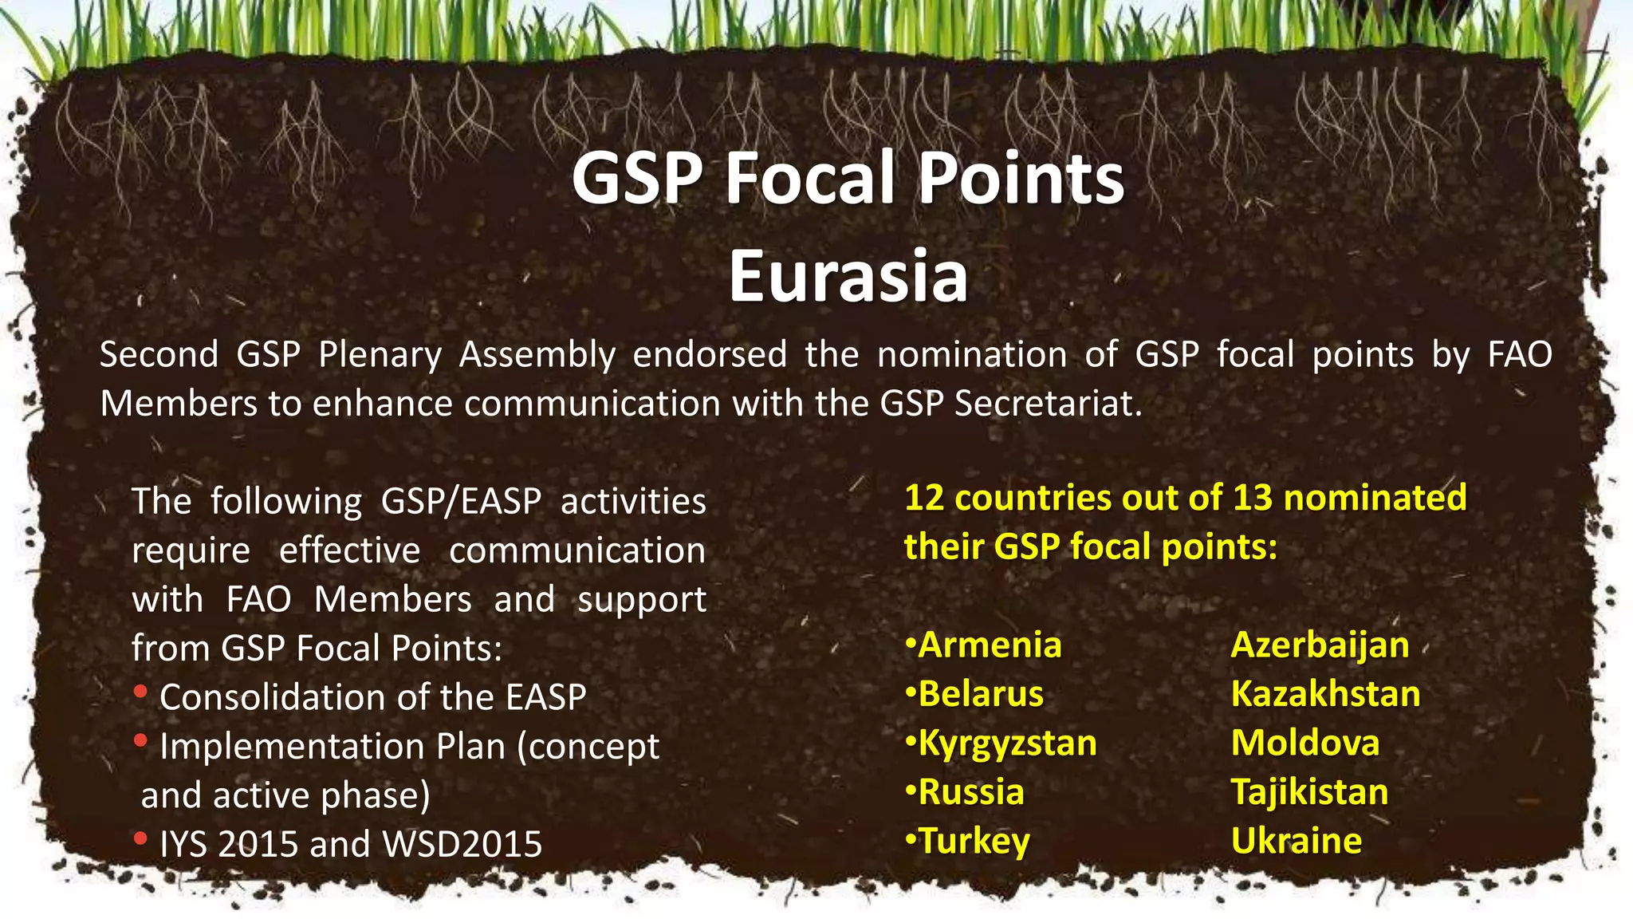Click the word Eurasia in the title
coord(848,276)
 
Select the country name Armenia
coord(990,645)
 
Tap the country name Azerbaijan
coord(1320,645)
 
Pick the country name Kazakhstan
coord(1325,694)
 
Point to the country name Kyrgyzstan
coord(1007,743)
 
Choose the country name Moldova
coord(1304,743)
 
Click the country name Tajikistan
coord(1309,792)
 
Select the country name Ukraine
coord(1296,841)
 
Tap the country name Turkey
coord(974,842)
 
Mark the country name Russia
coord(970,792)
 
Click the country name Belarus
coord(980,694)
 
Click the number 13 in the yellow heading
coord(1252,498)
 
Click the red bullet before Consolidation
coord(140,692)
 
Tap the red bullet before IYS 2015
coord(140,838)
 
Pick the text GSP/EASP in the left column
coord(461,502)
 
